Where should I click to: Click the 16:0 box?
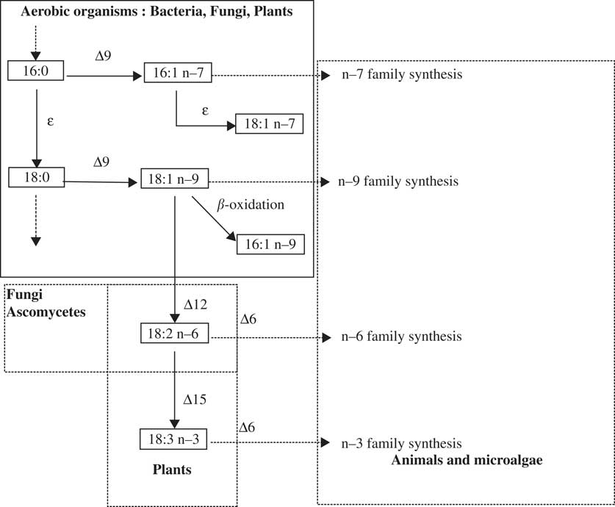coord(37,71)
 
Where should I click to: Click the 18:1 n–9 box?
coord(174,179)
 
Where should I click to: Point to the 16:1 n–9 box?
coord(270,245)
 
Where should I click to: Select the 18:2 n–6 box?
coord(174,336)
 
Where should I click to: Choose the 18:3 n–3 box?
coord(174,440)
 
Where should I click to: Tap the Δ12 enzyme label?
coord(197,303)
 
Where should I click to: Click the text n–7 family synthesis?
coord(401,74)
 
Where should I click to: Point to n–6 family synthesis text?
coord(401,337)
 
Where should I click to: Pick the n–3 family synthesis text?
coord(401,443)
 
